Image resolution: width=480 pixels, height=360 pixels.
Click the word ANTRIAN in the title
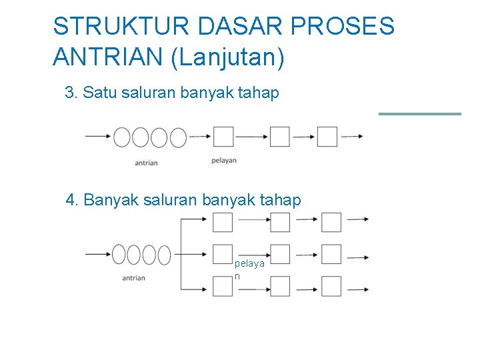click(109, 57)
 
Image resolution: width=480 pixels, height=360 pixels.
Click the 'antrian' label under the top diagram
click(146, 163)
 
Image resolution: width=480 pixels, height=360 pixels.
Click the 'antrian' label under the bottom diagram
click(133, 278)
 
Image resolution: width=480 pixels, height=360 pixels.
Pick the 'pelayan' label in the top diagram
click(224, 161)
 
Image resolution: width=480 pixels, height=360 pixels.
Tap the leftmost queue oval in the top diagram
click(122, 137)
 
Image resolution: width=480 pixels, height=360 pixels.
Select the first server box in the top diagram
click(223, 137)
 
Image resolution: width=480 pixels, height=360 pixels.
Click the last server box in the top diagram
click(327, 137)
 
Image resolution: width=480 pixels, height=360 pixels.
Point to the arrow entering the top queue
click(97, 137)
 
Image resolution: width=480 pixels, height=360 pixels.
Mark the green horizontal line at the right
click(420, 114)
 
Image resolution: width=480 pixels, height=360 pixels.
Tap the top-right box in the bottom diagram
click(331, 222)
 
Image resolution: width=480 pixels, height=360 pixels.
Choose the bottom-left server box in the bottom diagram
click(223, 287)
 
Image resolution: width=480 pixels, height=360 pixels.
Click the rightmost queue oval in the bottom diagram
click(163, 254)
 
